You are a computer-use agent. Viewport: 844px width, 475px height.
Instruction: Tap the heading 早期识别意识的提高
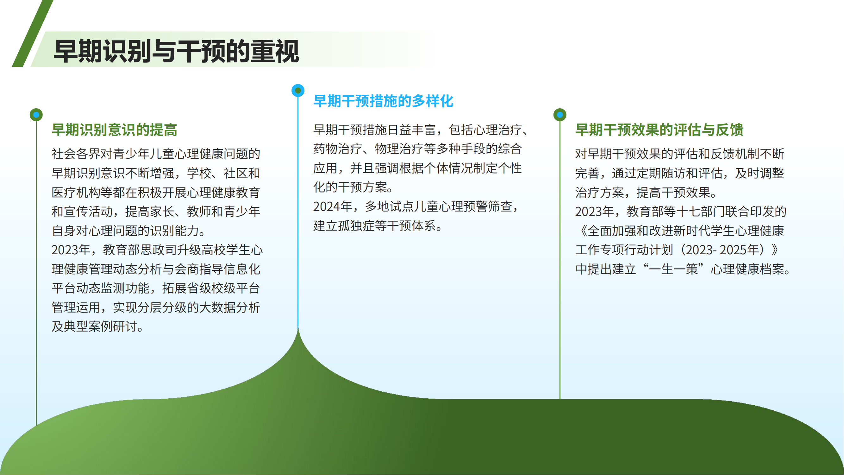click(x=114, y=130)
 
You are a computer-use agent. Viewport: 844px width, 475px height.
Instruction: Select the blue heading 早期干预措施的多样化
click(x=383, y=101)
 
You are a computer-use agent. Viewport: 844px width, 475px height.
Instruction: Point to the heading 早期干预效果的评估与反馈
click(x=659, y=130)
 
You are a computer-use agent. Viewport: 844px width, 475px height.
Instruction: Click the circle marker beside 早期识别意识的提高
click(x=36, y=115)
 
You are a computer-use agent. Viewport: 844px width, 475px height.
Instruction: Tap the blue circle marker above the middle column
click(x=298, y=91)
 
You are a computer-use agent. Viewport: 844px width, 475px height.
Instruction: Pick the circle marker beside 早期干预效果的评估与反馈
click(x=560, y=115)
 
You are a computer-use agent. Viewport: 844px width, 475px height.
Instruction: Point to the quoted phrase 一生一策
click(x=674, y=269)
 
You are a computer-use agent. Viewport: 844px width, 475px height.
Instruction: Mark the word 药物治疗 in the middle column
click(x=338, y=149)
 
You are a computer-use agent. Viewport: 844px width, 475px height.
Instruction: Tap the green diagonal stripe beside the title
click(x=33, y=33)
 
